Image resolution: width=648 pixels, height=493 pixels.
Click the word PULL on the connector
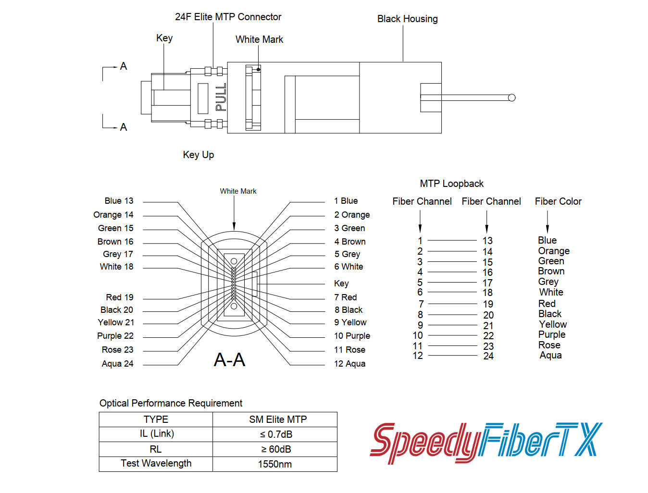(x=221, y=98)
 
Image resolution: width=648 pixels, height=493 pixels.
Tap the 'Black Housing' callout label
(x=407, y=19)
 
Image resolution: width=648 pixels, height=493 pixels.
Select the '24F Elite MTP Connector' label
(x=228, y=17)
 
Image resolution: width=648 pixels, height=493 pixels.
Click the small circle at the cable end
(x=511, y=98)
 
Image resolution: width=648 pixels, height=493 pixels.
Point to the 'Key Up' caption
(x=198, y=155)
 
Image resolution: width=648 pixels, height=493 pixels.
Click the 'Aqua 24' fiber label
(x=117, y=364)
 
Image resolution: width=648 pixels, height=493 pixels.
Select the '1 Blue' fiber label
(x=346, y=201)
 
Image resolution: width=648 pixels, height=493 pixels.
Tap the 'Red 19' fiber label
(x=119, y=297)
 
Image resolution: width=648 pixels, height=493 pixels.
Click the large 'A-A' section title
(x=229, y=359)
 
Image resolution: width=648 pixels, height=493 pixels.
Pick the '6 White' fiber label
(x=349, y=267)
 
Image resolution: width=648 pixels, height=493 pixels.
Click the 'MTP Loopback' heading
(x=451, y=184)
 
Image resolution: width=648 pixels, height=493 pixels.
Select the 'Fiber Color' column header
(x=558, y=201)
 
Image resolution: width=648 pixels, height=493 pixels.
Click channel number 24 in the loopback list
(x=488, y=356)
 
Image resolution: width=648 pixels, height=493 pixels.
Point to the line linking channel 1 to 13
(x=452, y=240)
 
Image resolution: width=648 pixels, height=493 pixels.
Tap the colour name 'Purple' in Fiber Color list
(x=551, y=334)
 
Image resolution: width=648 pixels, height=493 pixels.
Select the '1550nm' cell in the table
(x=274, y=464)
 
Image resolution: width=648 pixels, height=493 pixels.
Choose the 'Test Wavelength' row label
(x=156, y=463)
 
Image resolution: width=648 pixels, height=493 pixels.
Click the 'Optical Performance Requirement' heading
(x=171, y=403)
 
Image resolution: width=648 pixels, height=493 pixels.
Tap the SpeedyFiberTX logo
(x=486, y=442)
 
